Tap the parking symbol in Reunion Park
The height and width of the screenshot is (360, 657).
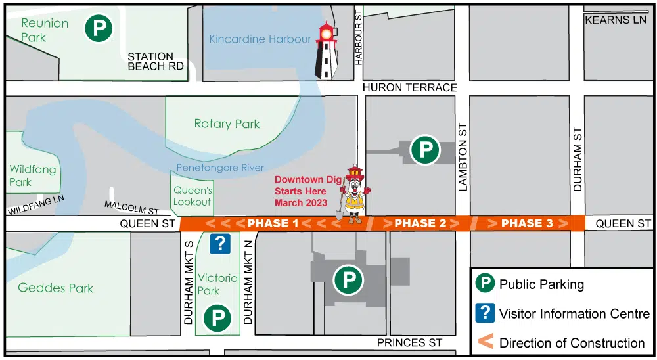click(x=99, y=28)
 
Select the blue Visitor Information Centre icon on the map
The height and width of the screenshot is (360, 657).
click(x=219, y=244)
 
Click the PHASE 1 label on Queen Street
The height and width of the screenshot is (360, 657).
click(x=272, y=223)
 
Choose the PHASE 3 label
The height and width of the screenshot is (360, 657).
click(x=527, y=223)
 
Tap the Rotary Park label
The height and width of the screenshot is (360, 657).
click(x=227, y=124)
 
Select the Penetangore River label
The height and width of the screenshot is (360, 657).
click(x=220, y=168)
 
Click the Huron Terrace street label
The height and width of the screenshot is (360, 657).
click(x=410, y=87)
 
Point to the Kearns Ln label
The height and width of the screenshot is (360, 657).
click(x=616, y=20)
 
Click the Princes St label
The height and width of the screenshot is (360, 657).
click(x=410, y=342)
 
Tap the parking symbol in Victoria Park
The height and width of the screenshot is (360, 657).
click(x=217, y=319)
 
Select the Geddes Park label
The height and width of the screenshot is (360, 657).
click(x=56, y=288)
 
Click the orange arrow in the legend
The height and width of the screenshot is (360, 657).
click(x=485, y=342)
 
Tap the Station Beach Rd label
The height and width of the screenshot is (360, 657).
click(x=156, y=61)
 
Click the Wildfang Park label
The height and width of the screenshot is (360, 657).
click(x=33, y=175)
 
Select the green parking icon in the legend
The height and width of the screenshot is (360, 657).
click(x=485, y=284)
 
